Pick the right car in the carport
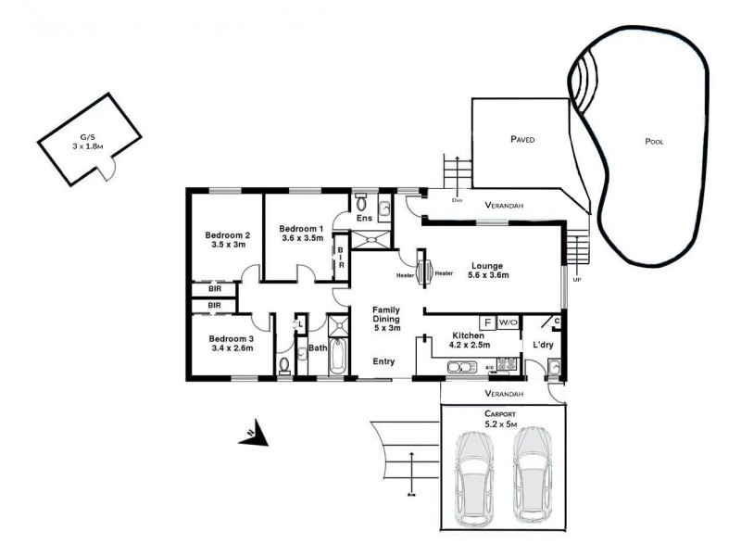click(532, 472)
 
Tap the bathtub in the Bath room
click(335, 357)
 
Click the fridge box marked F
click(487, 322)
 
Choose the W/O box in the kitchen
click(508, 322)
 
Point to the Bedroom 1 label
click(301, 228)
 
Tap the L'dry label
click(543, 346)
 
